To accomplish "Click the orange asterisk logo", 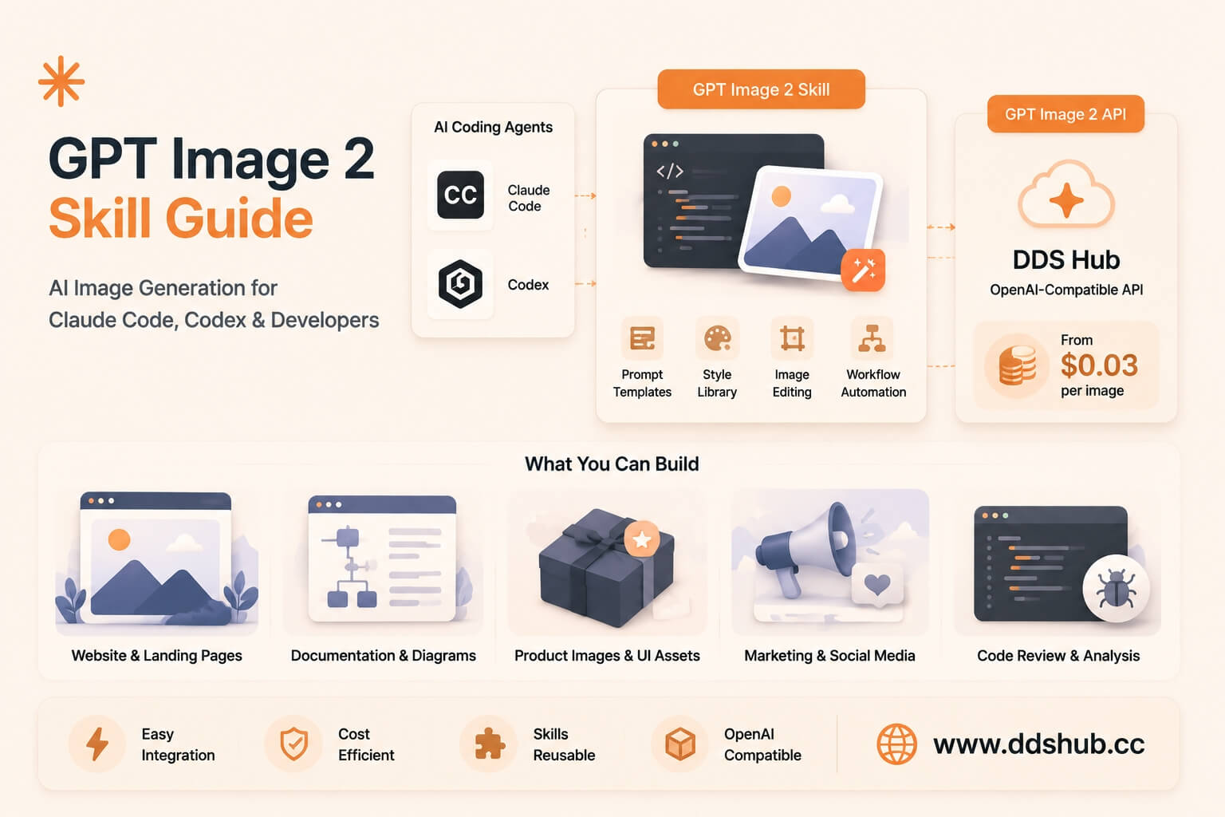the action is pos(61,81).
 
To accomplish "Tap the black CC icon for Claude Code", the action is pos(460,195).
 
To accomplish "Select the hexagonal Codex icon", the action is pos(460,283).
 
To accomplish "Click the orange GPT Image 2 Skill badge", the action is pos(762,89).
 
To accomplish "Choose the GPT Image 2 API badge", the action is pos(1065,114).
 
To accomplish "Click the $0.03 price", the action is pos(1099,365).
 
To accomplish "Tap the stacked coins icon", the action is pos(1017,365).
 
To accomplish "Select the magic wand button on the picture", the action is pos(863,270).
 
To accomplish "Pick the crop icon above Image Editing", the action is pos(792,338).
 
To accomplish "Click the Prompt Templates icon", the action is pos(642,338).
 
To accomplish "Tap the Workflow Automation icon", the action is pos(872,338).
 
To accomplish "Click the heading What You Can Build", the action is pos(612,464).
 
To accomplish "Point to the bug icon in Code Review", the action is pos(1116,589).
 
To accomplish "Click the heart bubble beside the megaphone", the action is pos(877,586).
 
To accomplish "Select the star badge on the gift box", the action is pos(641,539).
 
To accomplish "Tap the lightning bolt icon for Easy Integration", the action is pos(97,744).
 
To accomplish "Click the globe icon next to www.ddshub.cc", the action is pos(896,744).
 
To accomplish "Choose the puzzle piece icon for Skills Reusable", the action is pos(489,744).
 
